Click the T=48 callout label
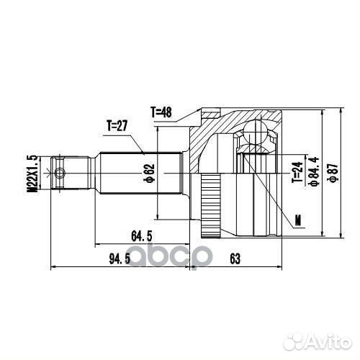(161, 112)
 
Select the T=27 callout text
(117, 126)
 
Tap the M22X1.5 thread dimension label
(32, 174)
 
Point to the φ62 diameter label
(150, 173)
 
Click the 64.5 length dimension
(142, 236)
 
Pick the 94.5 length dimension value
(120, 259)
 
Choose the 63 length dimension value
(235, 259)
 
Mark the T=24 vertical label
(297, 172)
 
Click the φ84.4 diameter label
(314, 171)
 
